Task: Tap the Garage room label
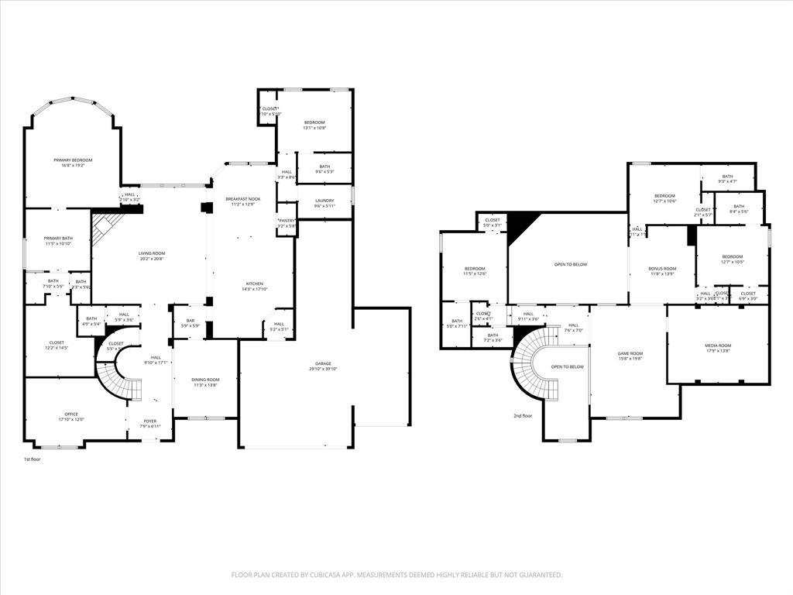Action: click(323, 363)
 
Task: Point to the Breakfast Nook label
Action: click(244, 199)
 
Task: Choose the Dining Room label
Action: click(205, 380)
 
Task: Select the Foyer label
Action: click(149, 421)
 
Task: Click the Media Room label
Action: click(717, 346)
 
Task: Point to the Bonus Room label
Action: click(662, 269)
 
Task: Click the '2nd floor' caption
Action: click(523, 416)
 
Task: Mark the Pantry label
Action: click(287, 221)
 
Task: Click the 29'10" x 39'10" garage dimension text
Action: click(323, 370)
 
